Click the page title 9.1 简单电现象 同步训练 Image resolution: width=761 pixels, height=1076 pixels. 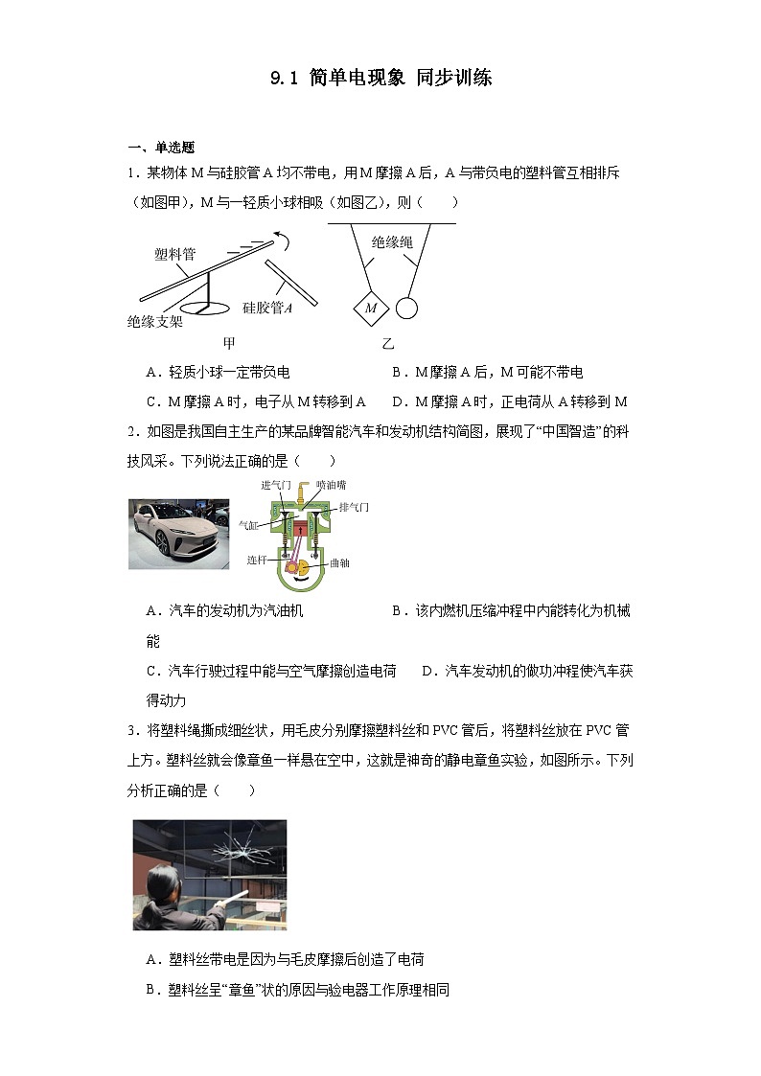[380, 79]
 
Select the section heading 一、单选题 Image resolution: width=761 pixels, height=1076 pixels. [161, 147]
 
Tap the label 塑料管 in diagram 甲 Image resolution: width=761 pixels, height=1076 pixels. [175, 254]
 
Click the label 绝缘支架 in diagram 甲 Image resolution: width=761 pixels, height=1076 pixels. [154, 322]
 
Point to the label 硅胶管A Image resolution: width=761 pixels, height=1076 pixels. [267, 308]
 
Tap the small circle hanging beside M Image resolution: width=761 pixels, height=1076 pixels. [407, 308]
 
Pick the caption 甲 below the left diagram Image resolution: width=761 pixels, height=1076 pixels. [229, 343]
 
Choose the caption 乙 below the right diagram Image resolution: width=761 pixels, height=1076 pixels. [387, 343]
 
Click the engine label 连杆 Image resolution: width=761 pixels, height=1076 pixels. [257, 560]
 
